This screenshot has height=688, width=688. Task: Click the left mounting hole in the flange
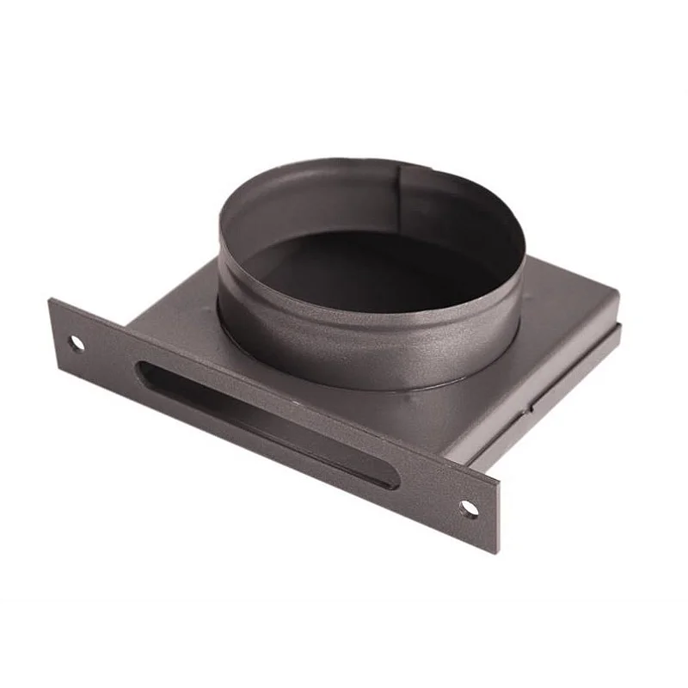click(x=77, y=343)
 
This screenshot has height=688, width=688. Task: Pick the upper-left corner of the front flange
click(x=52, y=300)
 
